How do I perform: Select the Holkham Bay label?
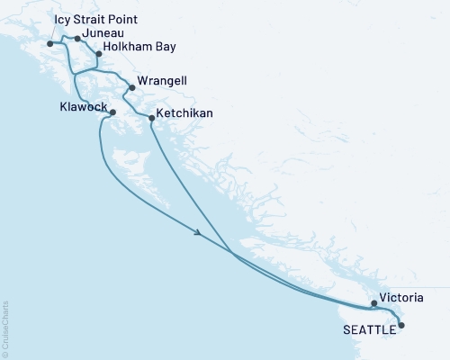139,46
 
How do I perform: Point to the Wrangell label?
163,80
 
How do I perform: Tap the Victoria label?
400,295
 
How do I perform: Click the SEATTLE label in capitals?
369,329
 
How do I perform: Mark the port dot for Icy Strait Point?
49,43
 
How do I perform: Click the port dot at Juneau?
77,39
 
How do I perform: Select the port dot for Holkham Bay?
98,53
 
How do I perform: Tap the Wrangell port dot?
132,87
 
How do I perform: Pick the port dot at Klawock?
112,112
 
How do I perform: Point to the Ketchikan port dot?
149,118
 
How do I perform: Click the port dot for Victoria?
373,304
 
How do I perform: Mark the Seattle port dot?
401,325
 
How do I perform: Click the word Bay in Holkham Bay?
164,46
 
